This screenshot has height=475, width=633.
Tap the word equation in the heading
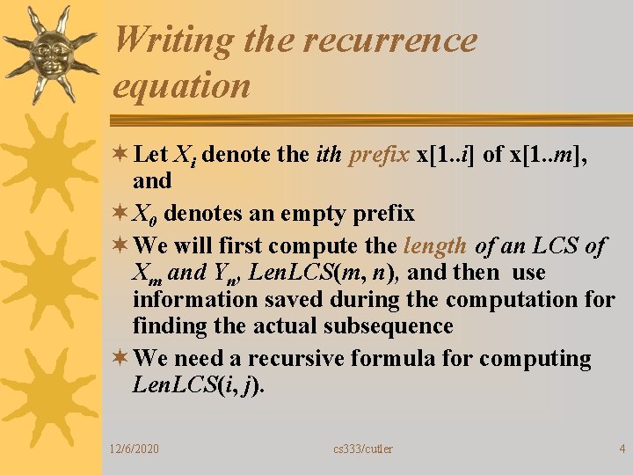click(x=182, y=86)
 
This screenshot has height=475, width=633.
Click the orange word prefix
click(x=379, y=155)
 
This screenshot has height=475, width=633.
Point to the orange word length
click(x=435, y=246)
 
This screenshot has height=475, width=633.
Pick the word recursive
click(x=295, y=359)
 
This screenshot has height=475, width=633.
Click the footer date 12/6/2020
click(x=134, y=449)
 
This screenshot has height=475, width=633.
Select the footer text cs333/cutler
click(x=363, y=449)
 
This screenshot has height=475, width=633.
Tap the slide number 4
click(x=622, y=449)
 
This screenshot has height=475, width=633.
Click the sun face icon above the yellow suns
click(x=51, y=55)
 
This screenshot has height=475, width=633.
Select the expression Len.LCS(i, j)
click(x=197, y=385)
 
